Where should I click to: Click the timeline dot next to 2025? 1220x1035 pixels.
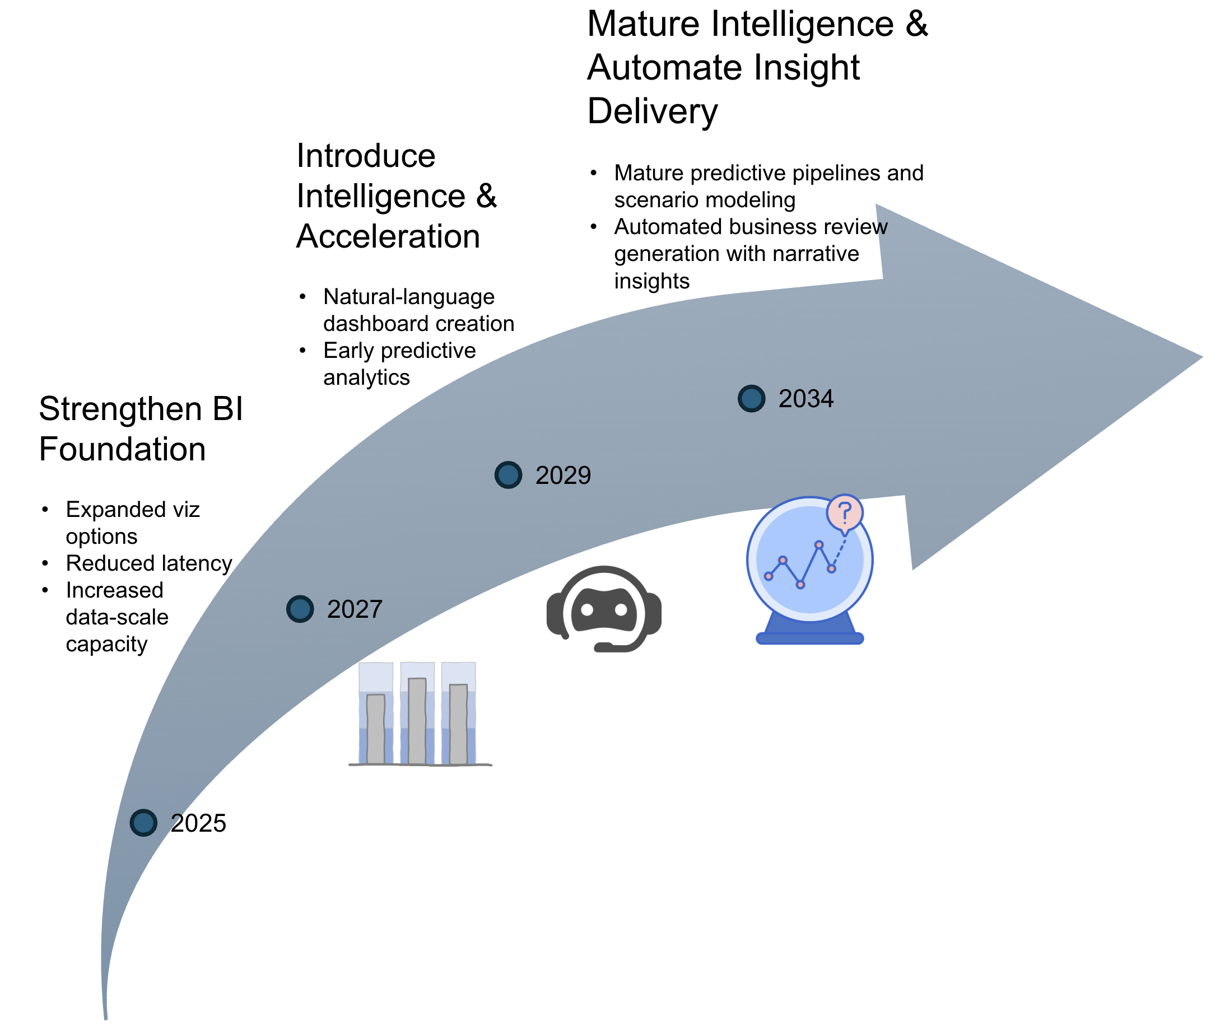coord(143,822)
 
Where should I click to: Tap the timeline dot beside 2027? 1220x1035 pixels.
coord(299,608)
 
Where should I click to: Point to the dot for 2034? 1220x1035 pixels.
coord(751,398)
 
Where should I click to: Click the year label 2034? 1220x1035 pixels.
coord(805,399)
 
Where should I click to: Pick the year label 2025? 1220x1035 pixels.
coord(198,823)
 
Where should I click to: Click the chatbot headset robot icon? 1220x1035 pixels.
coord(603,609)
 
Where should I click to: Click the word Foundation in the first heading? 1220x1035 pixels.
coord(122,449)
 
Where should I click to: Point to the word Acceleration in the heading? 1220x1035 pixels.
coord(388,236)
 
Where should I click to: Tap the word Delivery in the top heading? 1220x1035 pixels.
coord(652,111)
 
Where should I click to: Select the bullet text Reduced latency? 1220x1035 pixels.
coord(149,563)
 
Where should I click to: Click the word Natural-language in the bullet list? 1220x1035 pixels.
coord(408,297)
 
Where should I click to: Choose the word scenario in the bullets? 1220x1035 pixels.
coord(651,200)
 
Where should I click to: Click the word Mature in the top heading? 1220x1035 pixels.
coord(644,25)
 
